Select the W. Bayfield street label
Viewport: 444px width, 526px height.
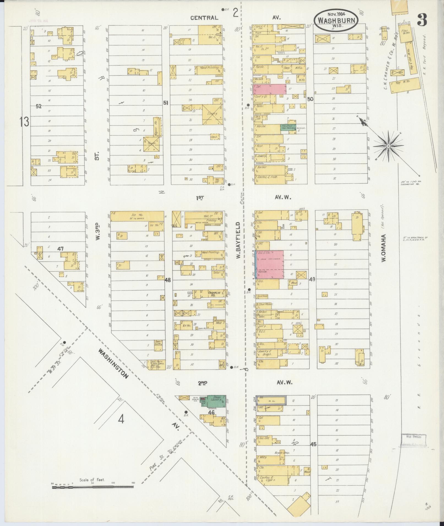(238, 240)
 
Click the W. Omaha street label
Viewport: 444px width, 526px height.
(384, 248)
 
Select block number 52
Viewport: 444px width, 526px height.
(39, 106)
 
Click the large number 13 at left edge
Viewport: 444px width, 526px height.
(24, 122)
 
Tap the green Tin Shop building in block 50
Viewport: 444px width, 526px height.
(288, 127)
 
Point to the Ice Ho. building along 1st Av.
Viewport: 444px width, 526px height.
(137, 216)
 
